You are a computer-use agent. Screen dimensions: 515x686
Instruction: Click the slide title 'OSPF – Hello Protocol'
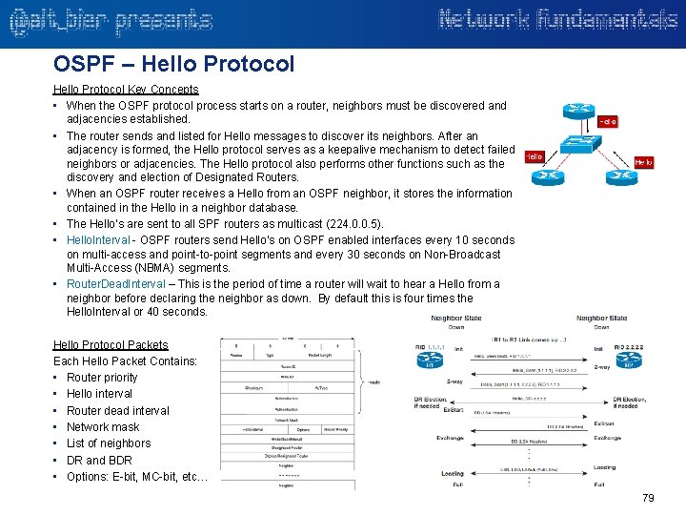pos(174,64)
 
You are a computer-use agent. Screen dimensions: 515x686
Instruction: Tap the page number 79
pos(648,498)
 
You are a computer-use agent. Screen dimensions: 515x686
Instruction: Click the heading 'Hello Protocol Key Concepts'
pos(126,90)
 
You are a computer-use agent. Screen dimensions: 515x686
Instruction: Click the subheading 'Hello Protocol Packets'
pos(111,345)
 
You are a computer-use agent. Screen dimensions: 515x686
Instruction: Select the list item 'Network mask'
pos(103,427)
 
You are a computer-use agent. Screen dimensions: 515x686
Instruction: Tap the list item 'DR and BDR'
pos(98,460)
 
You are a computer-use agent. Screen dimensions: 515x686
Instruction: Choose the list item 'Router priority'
pos(102,378)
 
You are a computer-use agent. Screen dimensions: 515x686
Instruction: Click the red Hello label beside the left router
pos(534,156)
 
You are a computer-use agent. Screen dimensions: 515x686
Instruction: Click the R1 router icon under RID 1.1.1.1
pos(430,360)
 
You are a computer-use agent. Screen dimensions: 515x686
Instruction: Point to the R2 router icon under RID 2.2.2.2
pos(628,360)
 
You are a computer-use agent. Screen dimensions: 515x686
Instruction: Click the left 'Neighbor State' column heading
pos(456,319)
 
